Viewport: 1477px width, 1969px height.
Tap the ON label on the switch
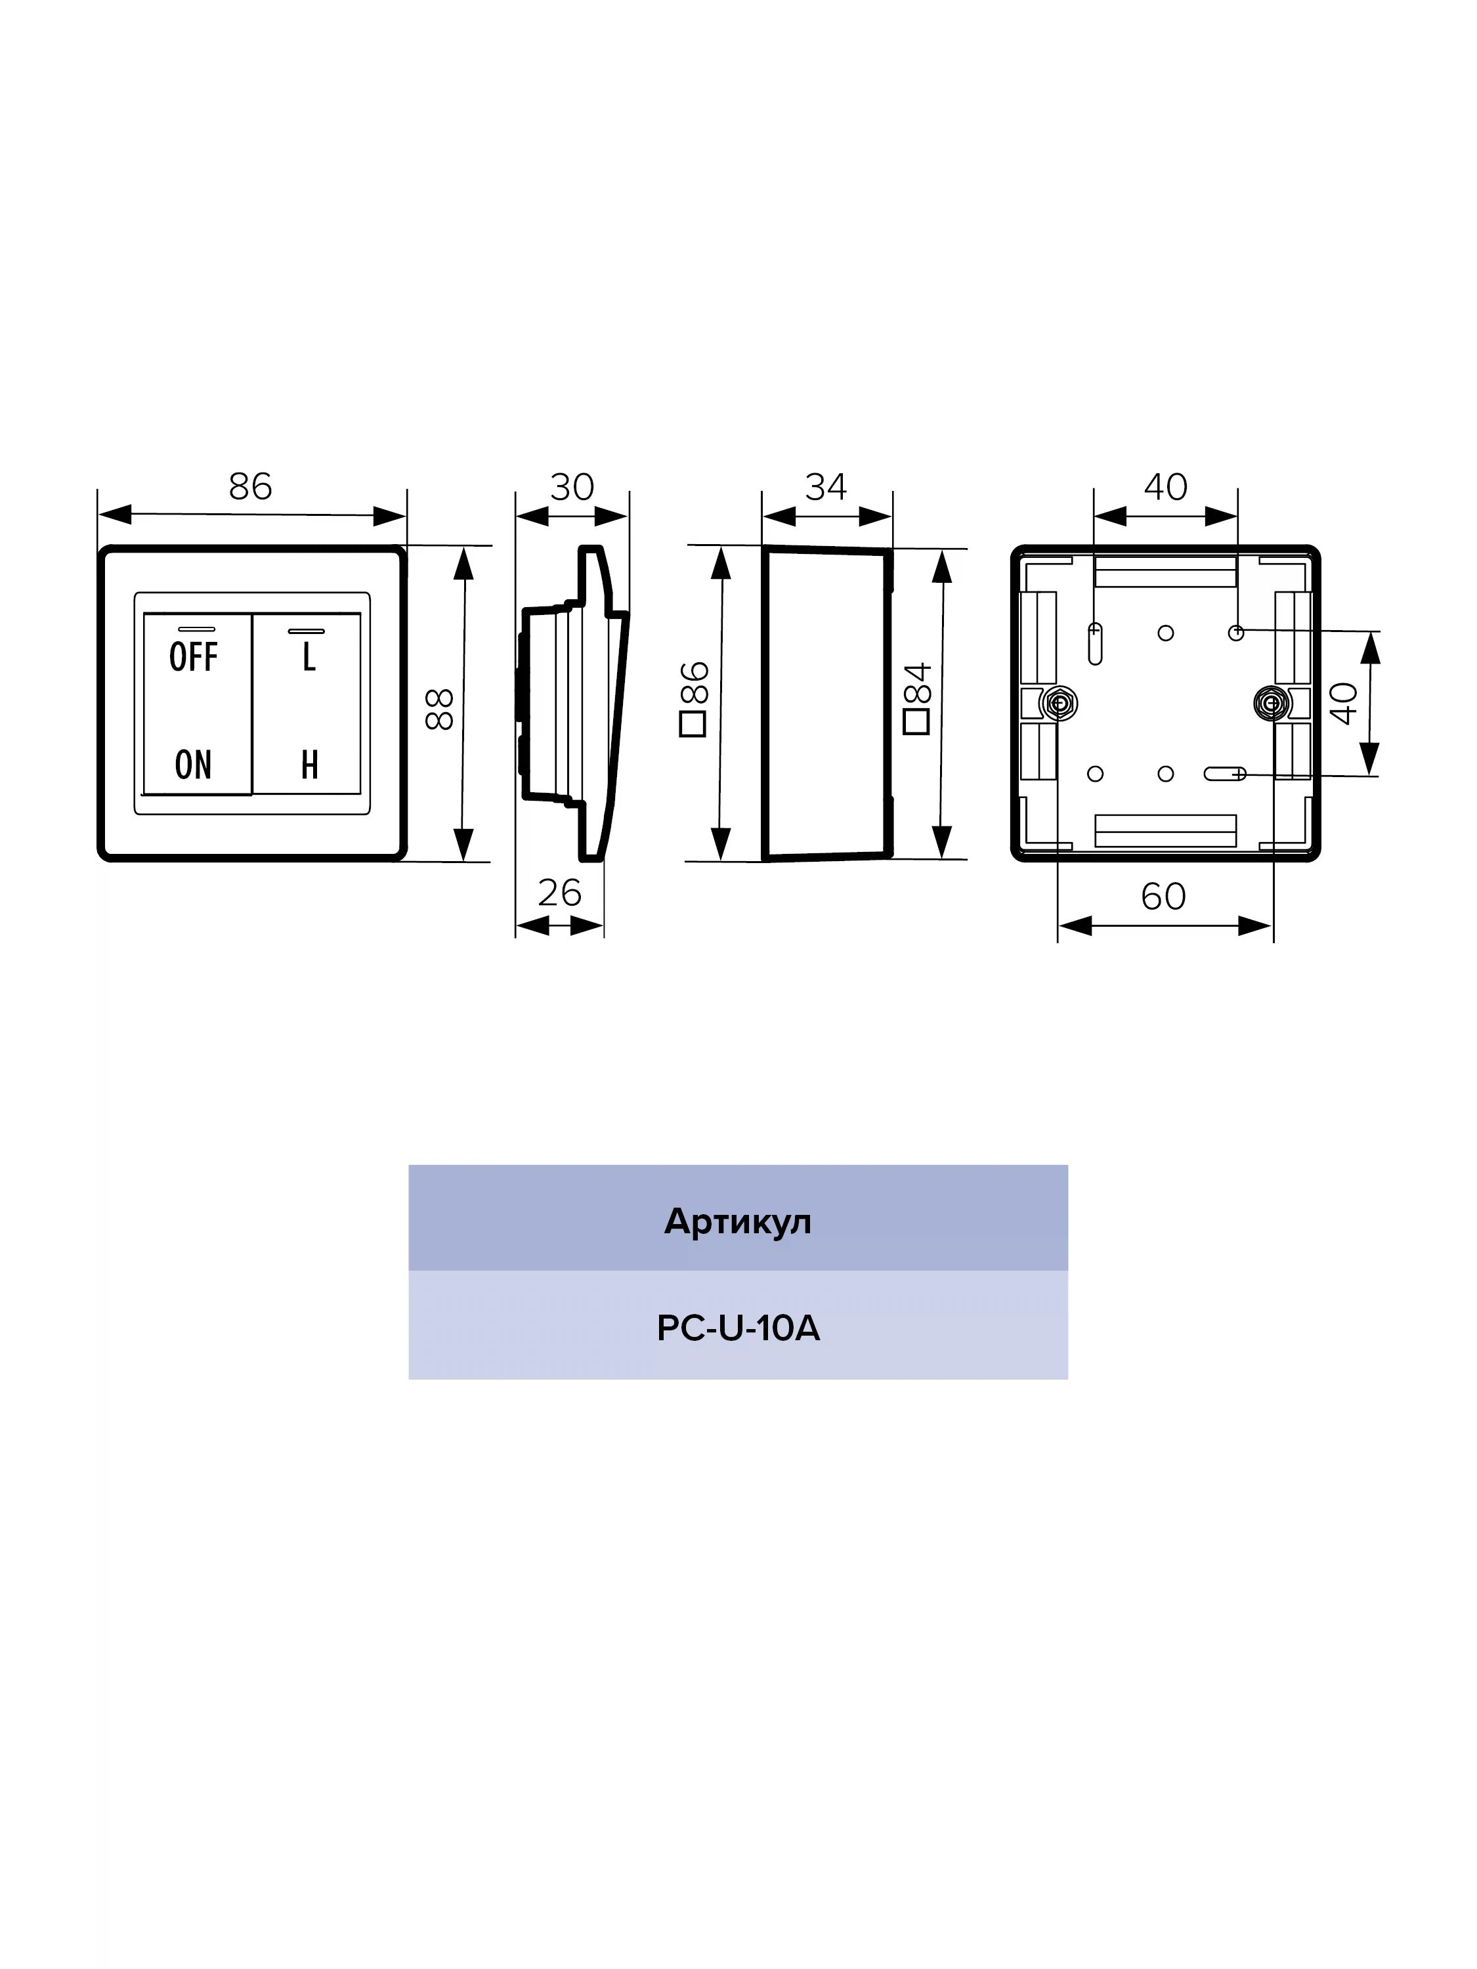(193, 765)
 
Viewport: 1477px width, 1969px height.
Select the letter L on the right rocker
(309, 657)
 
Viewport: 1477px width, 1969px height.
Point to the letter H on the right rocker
(309, 765)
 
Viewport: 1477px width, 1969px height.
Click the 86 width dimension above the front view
(250, 486)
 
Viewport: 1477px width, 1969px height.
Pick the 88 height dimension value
(440, 709)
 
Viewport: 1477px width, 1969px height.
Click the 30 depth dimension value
(572, 487)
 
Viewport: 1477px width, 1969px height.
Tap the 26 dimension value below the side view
(559, 893)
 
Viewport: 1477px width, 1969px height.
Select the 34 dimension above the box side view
(825, 487)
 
